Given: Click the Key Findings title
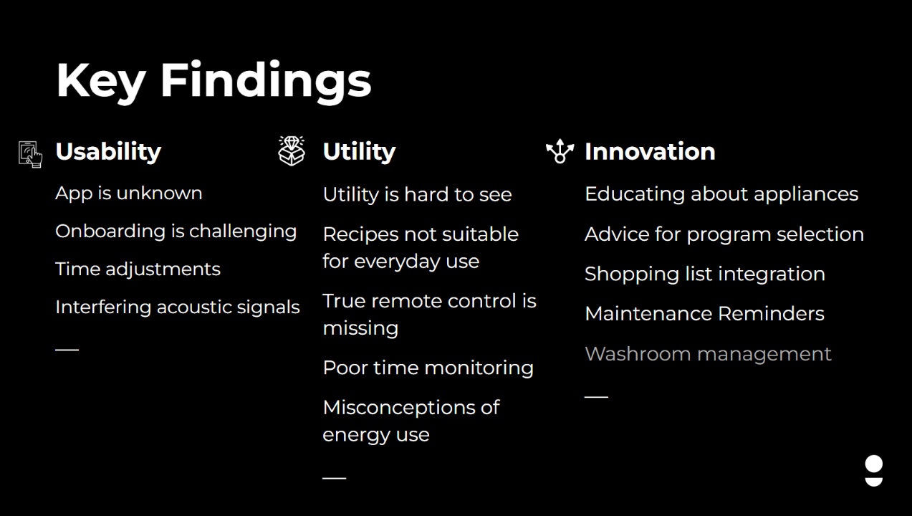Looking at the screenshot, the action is point(213,82).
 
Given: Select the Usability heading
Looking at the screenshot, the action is point(108,153).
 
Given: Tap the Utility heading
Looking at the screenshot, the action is point(359,153).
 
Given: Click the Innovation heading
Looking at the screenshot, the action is point(650,151).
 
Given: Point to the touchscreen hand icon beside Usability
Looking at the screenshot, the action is point(30,154).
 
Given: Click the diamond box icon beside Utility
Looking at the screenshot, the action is point(292,151).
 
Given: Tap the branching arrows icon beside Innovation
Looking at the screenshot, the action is point(560,151).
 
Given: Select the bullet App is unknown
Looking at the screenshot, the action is point(129,193).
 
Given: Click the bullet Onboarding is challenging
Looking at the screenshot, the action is point(176,231).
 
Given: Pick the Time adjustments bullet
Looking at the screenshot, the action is point(138,269).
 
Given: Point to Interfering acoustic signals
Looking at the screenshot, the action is point(178,307).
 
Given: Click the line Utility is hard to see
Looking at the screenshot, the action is point(418,195).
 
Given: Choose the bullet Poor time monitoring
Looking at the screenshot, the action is point(428,368).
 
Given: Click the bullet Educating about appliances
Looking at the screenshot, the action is point(721,194).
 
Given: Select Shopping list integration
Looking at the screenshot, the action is point(705,274).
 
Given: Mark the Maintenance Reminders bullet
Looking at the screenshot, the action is point(704,314).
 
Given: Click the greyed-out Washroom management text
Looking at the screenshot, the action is point(708,354).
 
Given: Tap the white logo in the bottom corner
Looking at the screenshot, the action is point(874,471).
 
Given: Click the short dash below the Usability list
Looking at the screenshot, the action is point(67,350).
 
